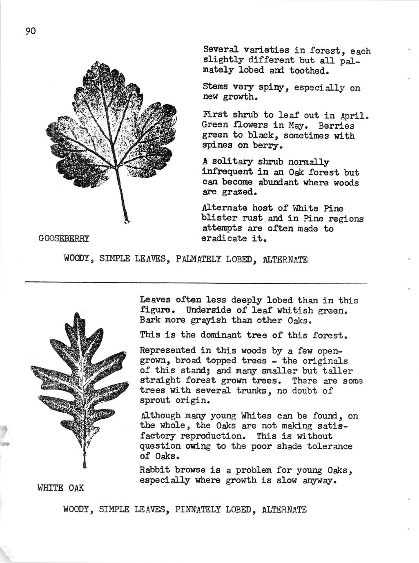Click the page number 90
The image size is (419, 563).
coord(31,31)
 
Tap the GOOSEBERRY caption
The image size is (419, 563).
coord(64,238)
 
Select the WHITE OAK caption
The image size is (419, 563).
coord(60,487)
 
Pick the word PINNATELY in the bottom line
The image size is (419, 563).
coord(198,510)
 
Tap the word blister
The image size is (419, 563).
coord(217,218)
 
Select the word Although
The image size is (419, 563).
coord(160,416)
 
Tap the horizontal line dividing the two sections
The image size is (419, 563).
coord(196,282)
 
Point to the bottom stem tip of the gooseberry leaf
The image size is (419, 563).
coord(127,222)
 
